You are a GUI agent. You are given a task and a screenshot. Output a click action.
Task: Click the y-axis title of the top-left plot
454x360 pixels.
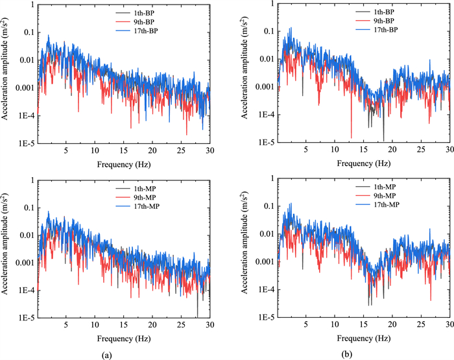point(8,73)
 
